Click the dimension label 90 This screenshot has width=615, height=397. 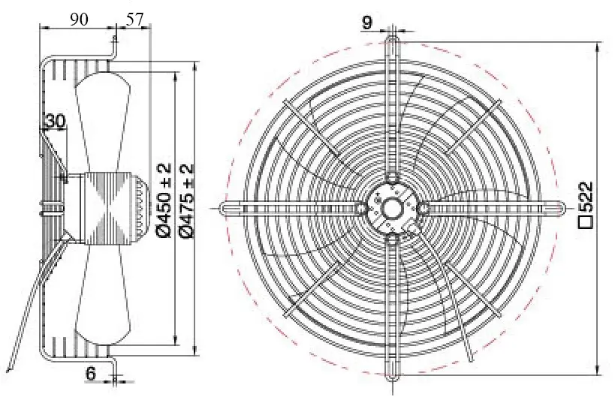pyautogui.click(x=80, y=19)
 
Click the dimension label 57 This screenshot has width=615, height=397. pyautogui.click(x=135, y=19)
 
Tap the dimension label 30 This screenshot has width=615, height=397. pyautogui.click(x=56, y=121)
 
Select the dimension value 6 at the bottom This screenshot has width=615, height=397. pyautogui.click(x=90, y=373)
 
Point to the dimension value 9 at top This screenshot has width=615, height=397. pyautogui.click(x=366, y=23)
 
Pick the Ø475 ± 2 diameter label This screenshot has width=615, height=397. pyautogui.click(x=187, y=200)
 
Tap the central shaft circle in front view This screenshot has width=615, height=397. pyautogui.click(x=392, y=208)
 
